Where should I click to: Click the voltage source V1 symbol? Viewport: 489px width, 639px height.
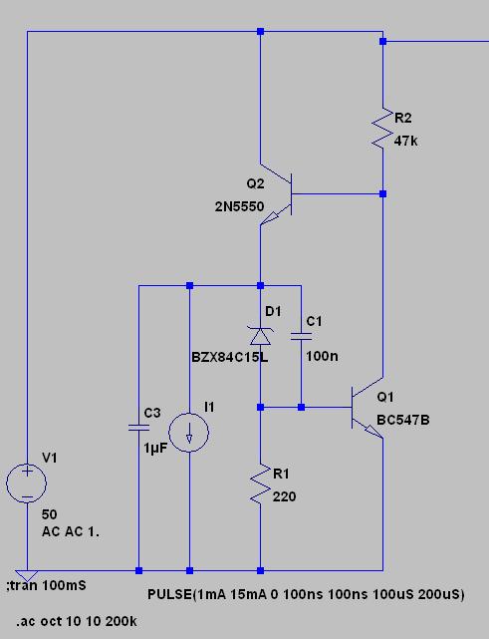click(27, 483)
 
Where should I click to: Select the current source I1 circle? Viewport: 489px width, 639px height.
click(189, 433)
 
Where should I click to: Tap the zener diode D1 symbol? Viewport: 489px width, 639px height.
click(260, 335)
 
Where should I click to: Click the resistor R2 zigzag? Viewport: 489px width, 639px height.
click(382, 128)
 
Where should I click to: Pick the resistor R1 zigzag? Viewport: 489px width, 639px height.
click(260, 483)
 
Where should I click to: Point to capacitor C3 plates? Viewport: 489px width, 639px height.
click(138, 428)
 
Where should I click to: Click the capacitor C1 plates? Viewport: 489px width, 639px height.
click(302, 336)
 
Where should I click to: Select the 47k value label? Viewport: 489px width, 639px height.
click(406, 141)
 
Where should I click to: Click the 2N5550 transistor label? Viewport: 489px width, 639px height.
click(239, 206)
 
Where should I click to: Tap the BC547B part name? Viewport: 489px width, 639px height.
click(403, 420)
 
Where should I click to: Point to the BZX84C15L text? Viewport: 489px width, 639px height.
click(230, 358)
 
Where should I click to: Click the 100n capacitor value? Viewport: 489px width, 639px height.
click(322, 356)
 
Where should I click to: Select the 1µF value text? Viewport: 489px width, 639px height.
click(155, 449)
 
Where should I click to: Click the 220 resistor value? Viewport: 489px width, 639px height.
click(284, 496)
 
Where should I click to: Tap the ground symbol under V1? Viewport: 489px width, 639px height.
click(27, 576)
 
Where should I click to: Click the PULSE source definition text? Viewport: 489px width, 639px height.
click(306, 594)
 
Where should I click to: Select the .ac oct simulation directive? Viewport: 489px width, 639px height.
click(77, 621)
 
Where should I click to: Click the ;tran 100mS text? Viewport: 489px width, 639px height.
click(46, 585)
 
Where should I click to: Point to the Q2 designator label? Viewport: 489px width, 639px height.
click(255, 183)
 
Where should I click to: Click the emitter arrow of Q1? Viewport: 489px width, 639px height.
click(372, 432)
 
